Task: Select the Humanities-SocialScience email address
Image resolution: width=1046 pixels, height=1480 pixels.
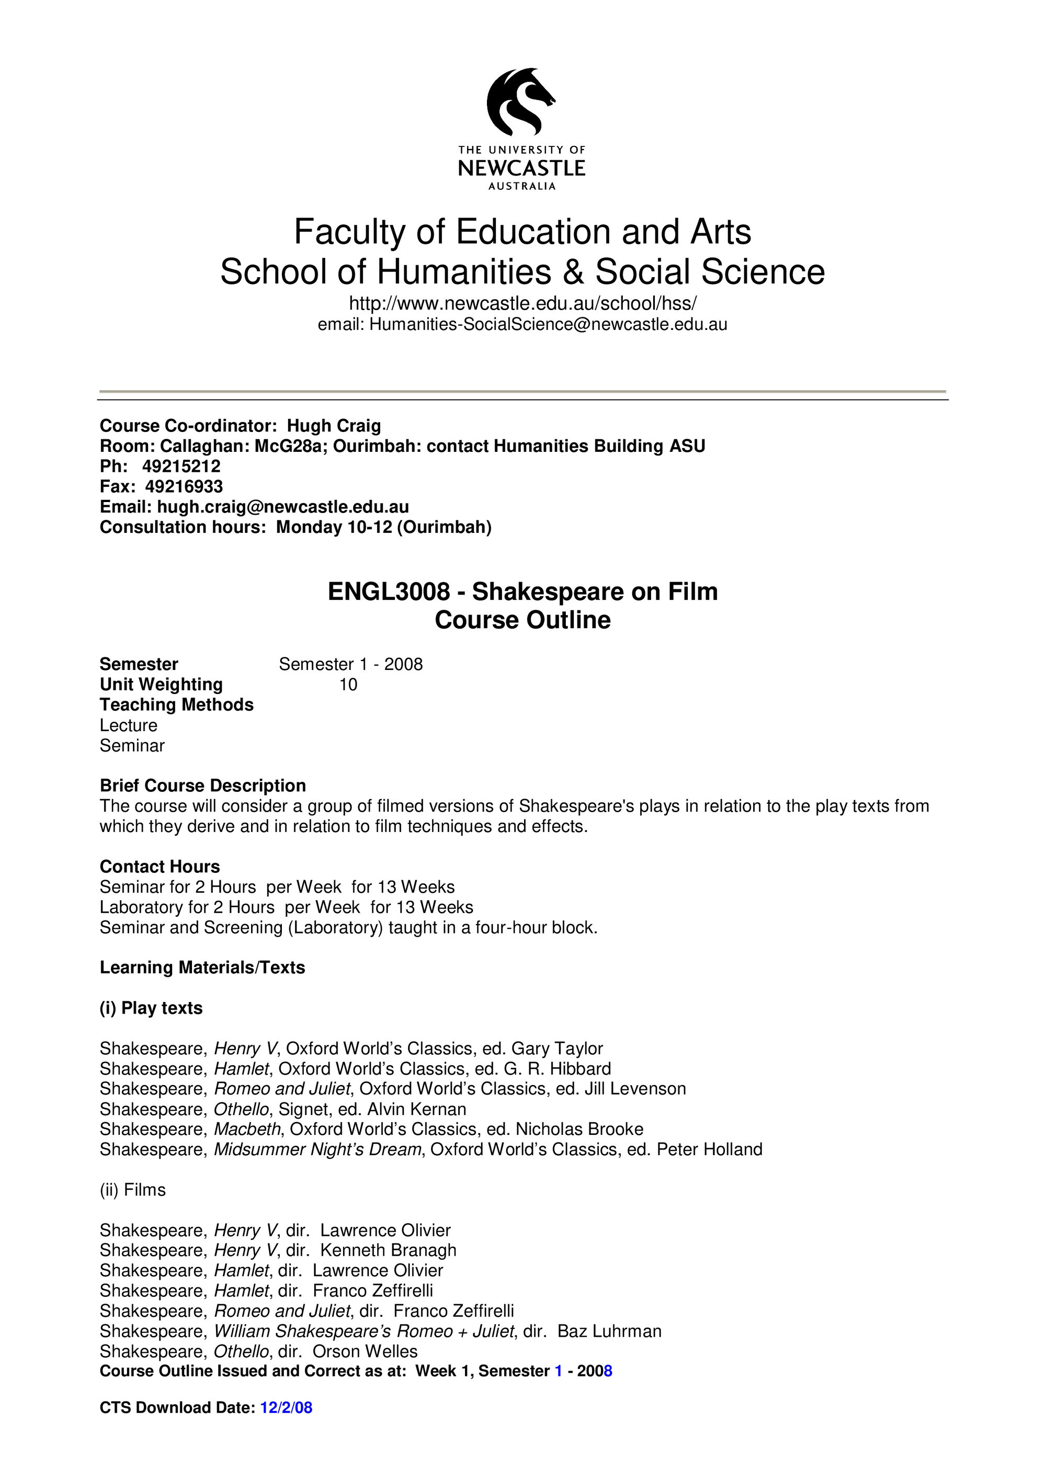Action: pyautogui.click(x=548, y=324)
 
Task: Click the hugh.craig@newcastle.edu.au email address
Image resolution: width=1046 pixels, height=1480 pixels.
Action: pyautogui.click(x=283, y=507)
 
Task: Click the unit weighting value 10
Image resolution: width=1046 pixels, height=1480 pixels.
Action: pyautogui.click(x=348, y=685)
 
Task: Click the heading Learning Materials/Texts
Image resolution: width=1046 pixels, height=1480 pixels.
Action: pyautogui.click(x=202, y=967)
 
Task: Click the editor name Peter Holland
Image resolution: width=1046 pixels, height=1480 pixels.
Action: pyautogui.click(x=709, y=1149)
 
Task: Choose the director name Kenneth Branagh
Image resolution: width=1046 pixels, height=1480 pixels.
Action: pyautogui.click(x=388, y=1250)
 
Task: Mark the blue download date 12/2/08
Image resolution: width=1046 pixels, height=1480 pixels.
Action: pyautogui.click(x=286, y=1407)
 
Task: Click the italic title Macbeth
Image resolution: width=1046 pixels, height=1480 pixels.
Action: pyautogui.click(x=247, y=1129)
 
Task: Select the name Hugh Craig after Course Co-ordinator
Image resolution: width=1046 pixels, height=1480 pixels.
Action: pyautogui.click(x=334, y=426)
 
